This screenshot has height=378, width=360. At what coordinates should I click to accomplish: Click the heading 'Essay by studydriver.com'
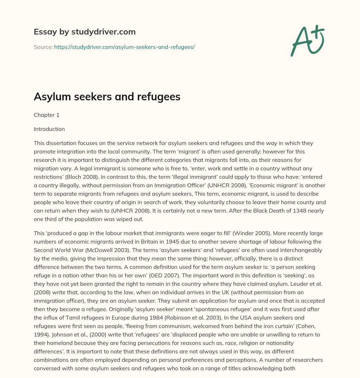click(x=84, y=32)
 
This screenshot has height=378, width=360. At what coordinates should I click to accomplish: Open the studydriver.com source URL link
click(x=124, y=47)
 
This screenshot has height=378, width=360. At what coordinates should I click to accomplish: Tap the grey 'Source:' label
click(x=43, y=47)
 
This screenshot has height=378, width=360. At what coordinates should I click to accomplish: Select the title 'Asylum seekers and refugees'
click(x=107, y=97)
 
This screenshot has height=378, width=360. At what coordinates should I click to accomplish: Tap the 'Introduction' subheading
click(x=49, y=129)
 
